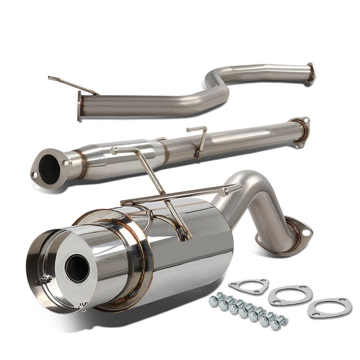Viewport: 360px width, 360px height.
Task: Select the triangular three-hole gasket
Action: click(249, 286)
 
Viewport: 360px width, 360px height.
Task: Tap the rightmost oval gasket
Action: click(330, 308)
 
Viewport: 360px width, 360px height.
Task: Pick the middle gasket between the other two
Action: click(290, 296)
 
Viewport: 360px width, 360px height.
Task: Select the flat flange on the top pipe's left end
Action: click(80, 106)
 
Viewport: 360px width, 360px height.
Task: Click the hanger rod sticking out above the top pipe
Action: click(72, 84)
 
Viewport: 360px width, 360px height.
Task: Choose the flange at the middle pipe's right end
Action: click(299, 130)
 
